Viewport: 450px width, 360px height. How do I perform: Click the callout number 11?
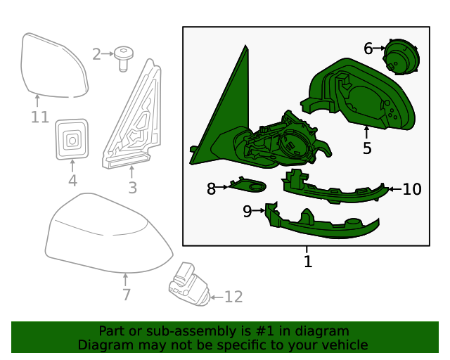(x=39, y=117)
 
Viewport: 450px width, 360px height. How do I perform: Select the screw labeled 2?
(x=124, y=58)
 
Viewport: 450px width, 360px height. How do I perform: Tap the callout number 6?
(x=368, y=49)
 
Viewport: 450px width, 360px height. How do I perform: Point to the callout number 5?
(x=367, y=148)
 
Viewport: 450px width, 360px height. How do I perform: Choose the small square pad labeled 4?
(x=72, y=139)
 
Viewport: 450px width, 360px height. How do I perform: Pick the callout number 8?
(x=211, y=188)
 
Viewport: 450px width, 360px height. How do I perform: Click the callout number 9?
(x=247, y=211)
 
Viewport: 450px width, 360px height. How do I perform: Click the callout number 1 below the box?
(x=307, y=262)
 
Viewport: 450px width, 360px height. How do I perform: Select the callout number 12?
(x=233, y=297)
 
